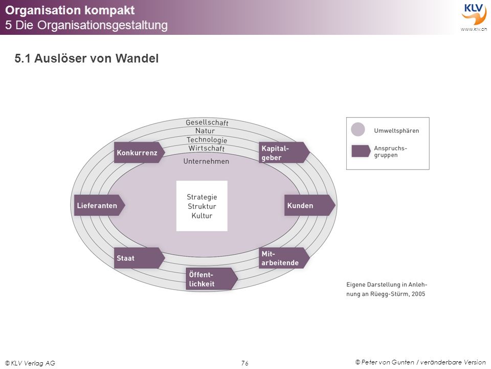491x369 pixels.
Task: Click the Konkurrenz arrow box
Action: [x=139, y=153]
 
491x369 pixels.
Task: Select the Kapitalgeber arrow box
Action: [x=284, y=153]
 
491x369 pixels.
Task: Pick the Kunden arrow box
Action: [x=310, y=205]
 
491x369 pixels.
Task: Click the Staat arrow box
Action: [x=139, y=258]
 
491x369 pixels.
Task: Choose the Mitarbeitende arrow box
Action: [x=284, y=258]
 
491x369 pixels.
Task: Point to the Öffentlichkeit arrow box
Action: [x=212, y=279]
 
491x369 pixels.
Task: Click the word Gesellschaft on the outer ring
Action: [x=207, y=122]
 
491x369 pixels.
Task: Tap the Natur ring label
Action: [x=205, y=131]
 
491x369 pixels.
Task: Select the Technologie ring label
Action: [x=207, y=139]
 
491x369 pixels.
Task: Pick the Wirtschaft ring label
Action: [x=206, y=149]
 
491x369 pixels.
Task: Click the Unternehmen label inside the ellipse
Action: [x=206, y=161]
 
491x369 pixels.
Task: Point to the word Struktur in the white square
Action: [x=202, y=206]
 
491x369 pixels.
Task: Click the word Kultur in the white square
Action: [x=202, y=216]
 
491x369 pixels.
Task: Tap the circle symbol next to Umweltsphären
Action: [x=358, y=129]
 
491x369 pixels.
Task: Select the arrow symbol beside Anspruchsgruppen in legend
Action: [x=361, y=151]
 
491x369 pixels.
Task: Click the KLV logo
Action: [x=474, y=16]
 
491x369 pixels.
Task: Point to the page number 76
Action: [x=245, y=363]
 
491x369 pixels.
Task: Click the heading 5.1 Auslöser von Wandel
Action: [x=86, y=58]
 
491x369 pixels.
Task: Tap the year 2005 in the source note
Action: [x=418, y=294]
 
